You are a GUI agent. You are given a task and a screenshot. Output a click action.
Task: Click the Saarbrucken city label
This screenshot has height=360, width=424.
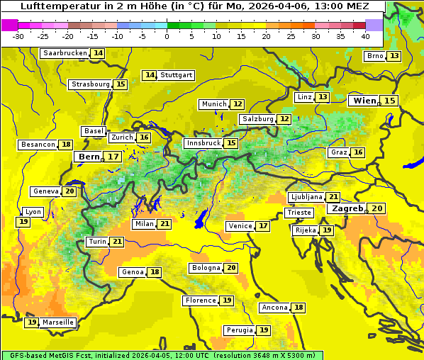65,53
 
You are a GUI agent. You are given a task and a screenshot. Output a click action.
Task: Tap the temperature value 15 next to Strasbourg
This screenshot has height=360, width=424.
121,84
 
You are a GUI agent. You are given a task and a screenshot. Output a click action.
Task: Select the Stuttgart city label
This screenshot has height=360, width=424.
177,75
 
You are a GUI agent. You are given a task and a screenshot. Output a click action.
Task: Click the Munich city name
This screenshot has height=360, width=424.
213,104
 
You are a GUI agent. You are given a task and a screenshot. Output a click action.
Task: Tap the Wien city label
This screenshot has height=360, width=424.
365,101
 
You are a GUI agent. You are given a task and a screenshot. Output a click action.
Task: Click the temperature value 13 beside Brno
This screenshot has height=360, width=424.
394,56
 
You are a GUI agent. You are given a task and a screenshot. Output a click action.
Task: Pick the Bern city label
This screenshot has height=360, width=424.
89,157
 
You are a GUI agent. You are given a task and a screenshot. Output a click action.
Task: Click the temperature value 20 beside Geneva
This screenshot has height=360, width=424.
69,191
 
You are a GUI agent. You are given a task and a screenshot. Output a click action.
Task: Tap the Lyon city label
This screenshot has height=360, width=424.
33,212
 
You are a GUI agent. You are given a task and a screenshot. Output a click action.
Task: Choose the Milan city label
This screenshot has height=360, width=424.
144,224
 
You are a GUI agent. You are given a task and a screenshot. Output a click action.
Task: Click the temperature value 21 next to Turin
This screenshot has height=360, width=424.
117,242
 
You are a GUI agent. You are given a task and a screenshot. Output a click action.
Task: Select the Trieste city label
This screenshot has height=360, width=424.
299,213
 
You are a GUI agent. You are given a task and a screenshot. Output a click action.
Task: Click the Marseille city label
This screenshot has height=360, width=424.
58,322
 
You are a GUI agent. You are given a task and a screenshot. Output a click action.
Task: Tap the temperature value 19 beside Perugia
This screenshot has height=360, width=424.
264,330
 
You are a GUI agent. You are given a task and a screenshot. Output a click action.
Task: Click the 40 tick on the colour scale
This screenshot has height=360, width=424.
365,35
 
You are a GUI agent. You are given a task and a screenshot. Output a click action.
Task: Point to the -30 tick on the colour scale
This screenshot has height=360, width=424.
18,35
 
